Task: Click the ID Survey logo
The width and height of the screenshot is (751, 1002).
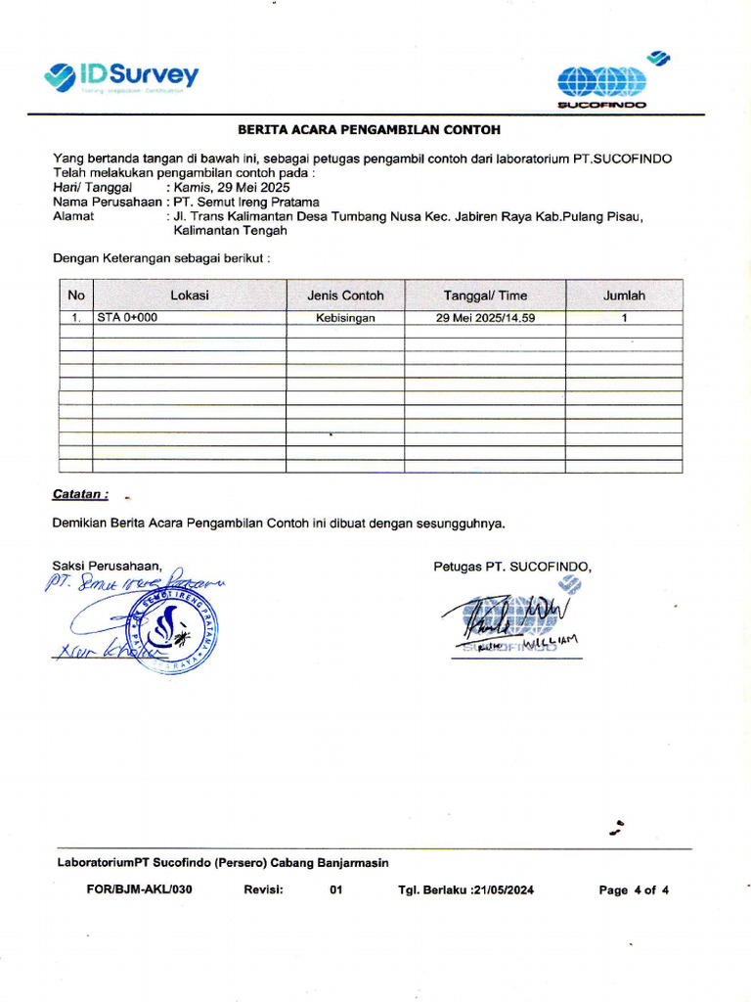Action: [122, 76]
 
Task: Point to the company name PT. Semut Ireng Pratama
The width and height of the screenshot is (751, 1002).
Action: [246, 202]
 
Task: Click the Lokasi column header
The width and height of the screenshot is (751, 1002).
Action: [190, 296]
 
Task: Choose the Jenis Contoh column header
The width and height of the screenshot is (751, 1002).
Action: [345, 296]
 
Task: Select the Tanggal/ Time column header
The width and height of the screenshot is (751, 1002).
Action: [485, 296]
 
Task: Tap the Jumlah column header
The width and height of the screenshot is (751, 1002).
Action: [624, 296]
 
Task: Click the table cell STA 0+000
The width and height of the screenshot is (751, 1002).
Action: [127, 318]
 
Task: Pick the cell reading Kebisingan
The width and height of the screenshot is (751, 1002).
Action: [345, 318]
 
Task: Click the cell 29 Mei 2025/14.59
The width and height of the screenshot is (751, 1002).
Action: [485, 318]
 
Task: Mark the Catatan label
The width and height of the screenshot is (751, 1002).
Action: [80, 495]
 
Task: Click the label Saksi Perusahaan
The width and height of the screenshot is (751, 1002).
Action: [107, 566]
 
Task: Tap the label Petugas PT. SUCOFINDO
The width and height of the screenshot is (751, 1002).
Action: [512, 566]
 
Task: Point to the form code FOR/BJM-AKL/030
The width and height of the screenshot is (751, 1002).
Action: [132, 890]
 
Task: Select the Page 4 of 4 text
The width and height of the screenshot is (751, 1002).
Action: [634, 890]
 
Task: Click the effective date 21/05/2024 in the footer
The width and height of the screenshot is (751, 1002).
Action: [503, 890]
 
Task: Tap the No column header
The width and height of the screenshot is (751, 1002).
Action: [76, 296]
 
